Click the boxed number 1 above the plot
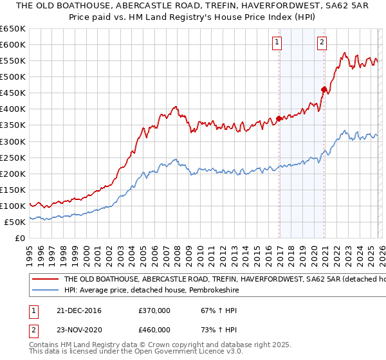277,43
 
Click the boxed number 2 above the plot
322,43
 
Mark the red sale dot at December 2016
279,118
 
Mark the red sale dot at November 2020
324,89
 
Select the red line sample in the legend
46,280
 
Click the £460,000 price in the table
154,329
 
